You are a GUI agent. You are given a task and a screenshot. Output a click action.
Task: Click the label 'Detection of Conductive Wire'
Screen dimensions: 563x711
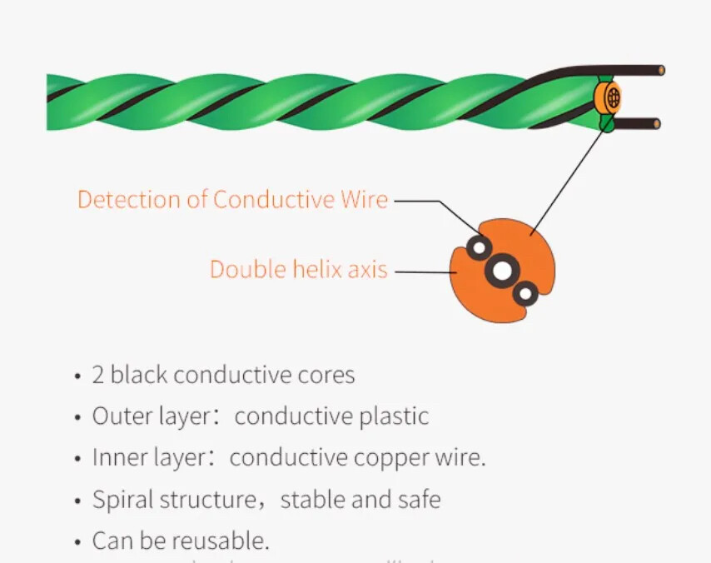point(232,200)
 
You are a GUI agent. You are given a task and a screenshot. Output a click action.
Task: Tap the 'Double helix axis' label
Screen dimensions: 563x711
point(298,270)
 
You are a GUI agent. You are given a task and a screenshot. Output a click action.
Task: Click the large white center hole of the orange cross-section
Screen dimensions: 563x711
point(502,271)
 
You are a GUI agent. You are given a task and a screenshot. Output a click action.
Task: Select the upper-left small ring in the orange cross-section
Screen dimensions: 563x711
point(479,247)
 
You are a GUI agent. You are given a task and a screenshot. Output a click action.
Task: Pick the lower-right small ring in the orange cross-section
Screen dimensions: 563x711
point(525,293)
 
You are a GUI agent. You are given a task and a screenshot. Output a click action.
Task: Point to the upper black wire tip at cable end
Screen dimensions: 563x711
point(659,71)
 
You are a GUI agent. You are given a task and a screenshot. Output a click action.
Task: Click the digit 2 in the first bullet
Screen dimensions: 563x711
point(98,376)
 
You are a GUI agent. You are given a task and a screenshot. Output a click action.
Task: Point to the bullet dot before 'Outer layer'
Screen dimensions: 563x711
point(77,417)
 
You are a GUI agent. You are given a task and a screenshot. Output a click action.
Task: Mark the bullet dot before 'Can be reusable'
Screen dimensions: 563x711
point(77,542)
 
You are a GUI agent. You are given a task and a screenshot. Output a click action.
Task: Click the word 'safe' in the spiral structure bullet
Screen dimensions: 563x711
point(419,500)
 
